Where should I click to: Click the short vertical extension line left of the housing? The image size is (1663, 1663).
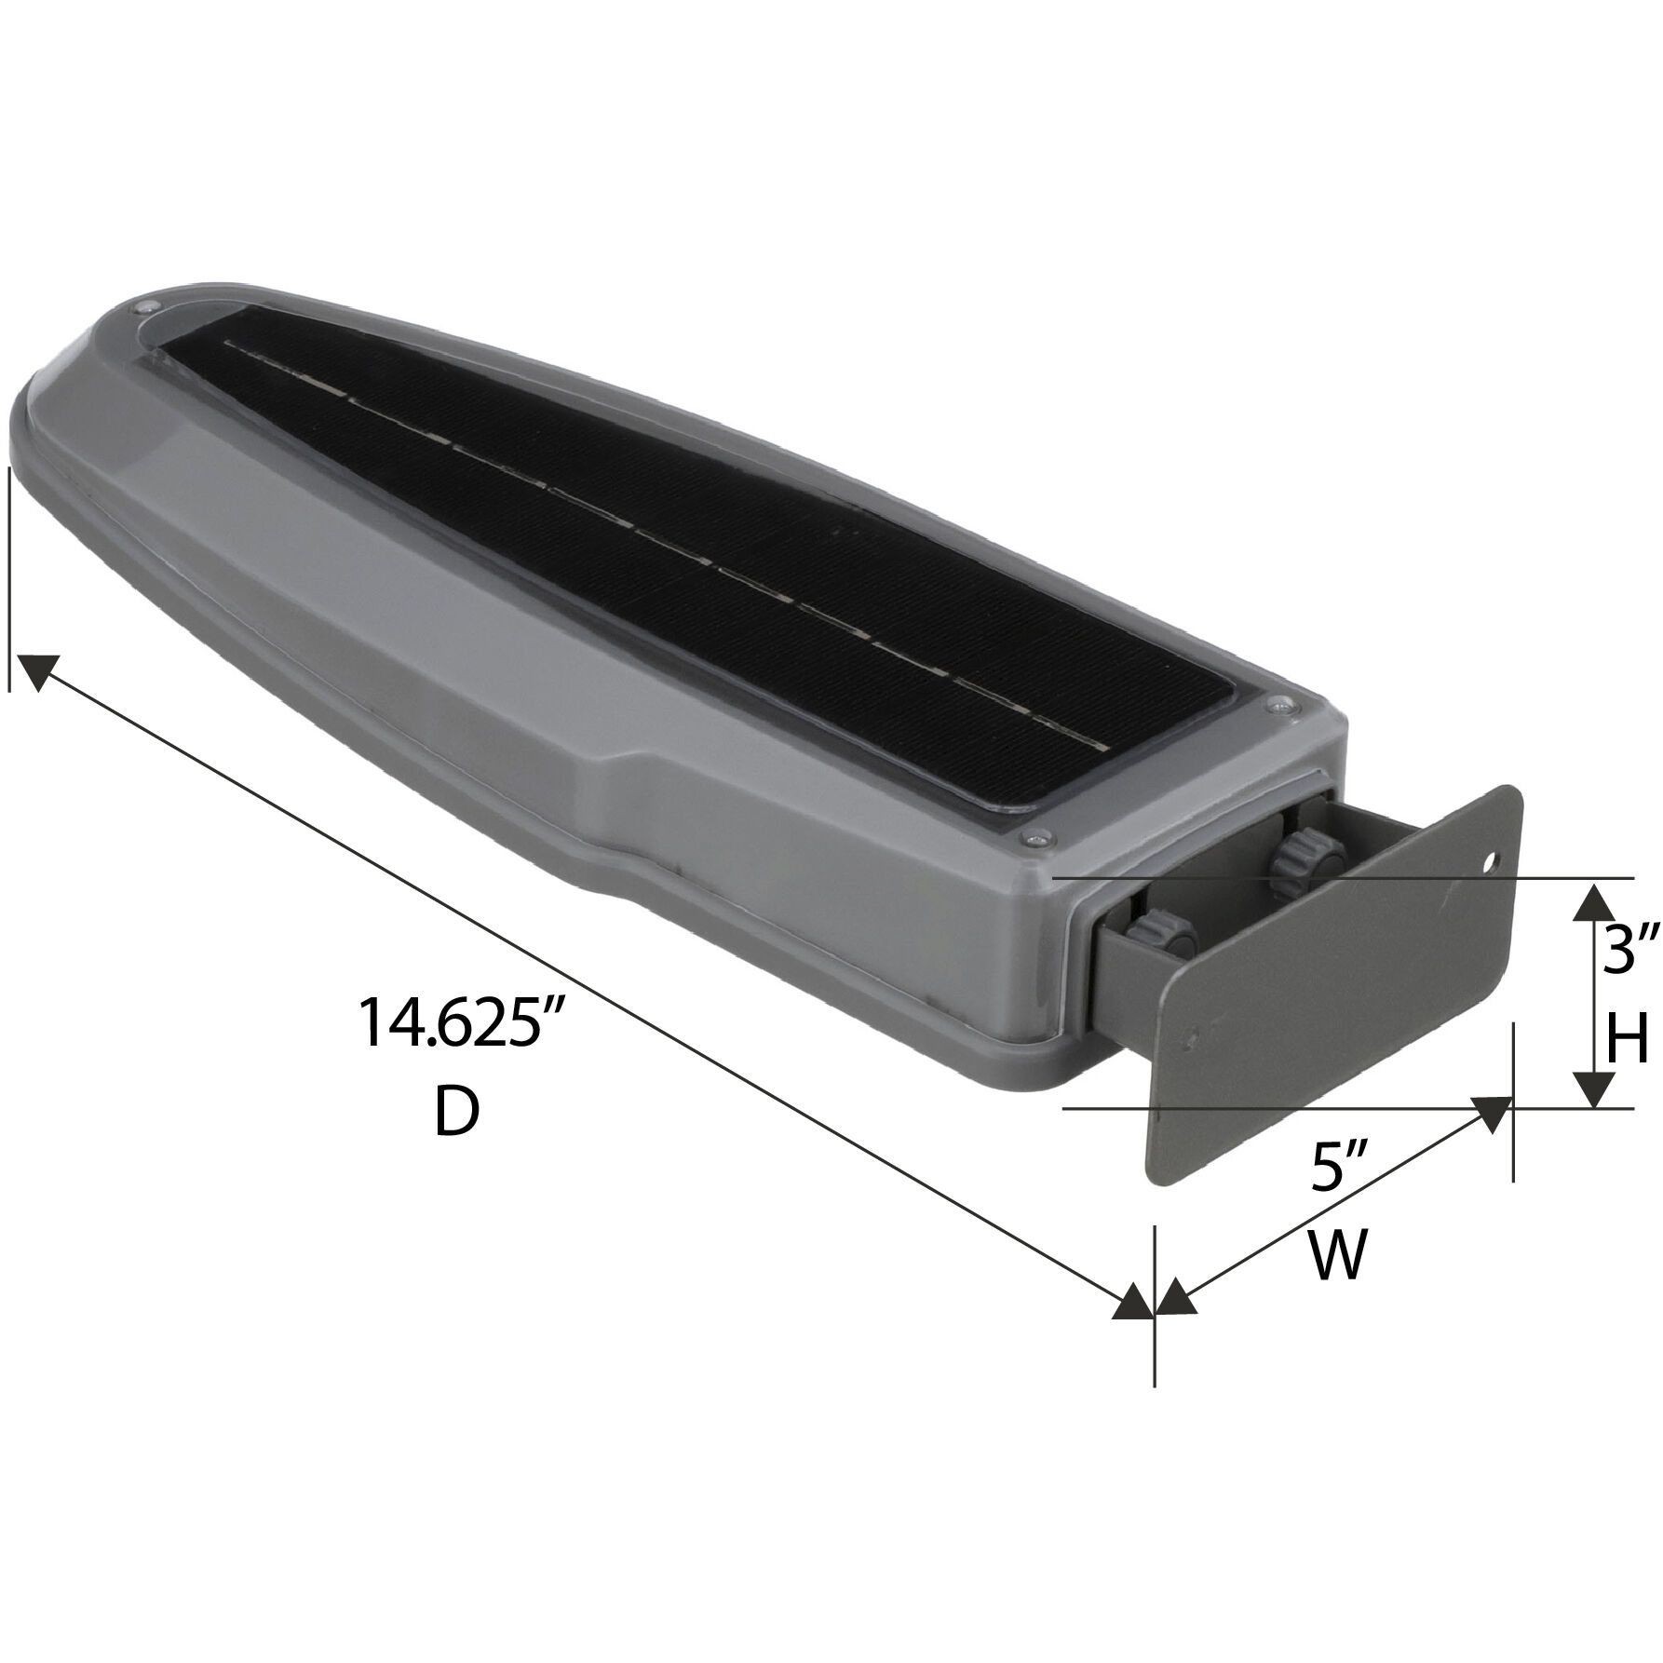click(9, 577)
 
